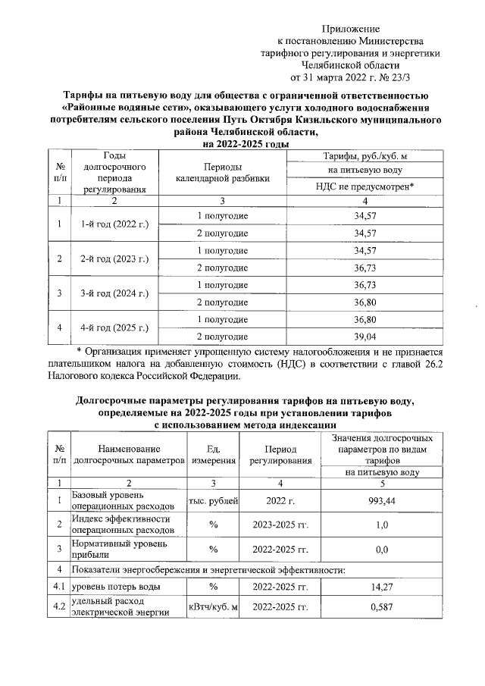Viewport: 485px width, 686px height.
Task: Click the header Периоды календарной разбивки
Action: (222, 173)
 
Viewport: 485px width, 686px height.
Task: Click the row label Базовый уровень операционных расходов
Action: (127, 500)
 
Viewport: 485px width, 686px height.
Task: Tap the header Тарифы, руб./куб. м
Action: (365, 156)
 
